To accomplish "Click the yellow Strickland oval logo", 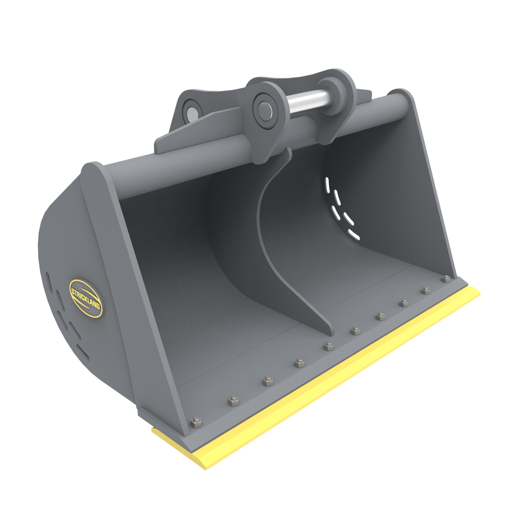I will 86,298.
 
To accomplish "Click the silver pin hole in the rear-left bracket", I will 191,110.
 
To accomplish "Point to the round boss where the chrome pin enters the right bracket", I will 330,93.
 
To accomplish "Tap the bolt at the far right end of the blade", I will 446,279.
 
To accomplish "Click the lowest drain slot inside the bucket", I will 354,236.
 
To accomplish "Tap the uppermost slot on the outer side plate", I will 48,279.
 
